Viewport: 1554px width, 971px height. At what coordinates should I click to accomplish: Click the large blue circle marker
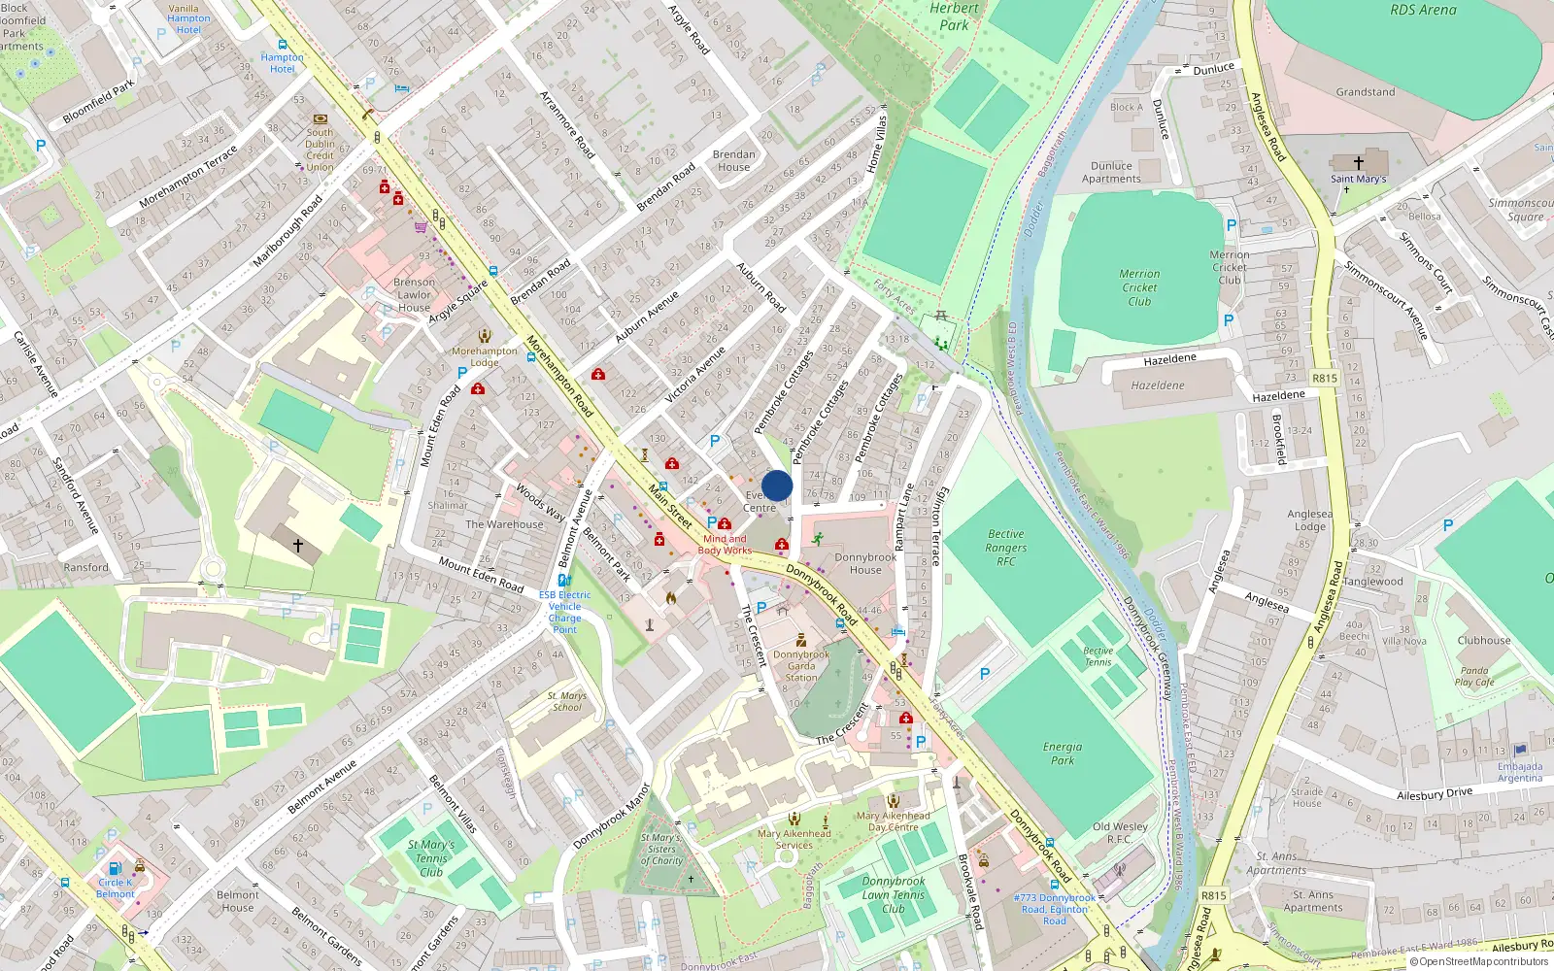pos(777,485)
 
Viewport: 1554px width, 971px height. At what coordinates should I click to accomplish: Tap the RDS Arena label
pos(1423,11)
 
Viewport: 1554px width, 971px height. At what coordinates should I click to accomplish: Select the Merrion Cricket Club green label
pos(1139,287)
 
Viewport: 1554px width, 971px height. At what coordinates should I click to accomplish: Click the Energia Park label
pos(1063,753)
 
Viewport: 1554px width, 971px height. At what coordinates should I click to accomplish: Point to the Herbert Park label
pos(954,17)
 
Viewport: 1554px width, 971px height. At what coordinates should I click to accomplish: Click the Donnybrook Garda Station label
pos(801,665)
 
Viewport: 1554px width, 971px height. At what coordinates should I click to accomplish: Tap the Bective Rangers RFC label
pos(1006,548)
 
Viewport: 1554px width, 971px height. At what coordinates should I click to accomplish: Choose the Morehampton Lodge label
pos(485,356)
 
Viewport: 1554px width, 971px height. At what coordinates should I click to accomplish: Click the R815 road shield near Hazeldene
pos(1324,378)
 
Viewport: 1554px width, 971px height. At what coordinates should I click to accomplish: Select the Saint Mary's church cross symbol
pos(1358,162)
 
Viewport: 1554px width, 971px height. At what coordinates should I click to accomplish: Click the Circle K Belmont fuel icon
pos(115,868)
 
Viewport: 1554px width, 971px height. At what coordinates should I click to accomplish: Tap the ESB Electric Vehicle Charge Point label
pos(564,612)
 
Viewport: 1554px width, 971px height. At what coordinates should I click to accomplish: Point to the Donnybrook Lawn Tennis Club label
pos(894,895)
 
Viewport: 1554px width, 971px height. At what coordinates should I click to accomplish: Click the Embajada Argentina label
pos(1520,772)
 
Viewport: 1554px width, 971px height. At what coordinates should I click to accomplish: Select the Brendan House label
pos(733,160)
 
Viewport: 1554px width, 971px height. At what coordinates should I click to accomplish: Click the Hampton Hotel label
pos(282,63)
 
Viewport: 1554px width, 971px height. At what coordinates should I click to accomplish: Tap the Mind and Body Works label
pos(725,545)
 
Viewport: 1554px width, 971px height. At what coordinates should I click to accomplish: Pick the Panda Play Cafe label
pos(1474,676)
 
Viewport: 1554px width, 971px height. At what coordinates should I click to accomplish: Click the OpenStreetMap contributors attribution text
pos(1484,962)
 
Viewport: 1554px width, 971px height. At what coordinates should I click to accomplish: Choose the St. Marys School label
pos(567,701)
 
